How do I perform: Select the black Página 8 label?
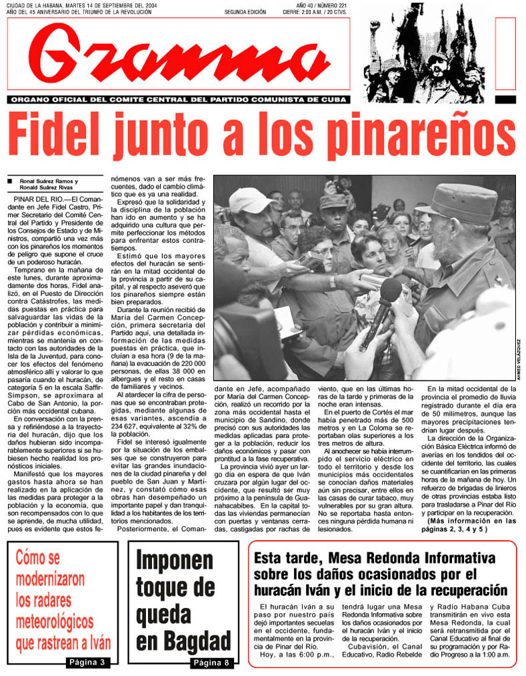(212, 662)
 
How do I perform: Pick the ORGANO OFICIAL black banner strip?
(179, 99)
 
